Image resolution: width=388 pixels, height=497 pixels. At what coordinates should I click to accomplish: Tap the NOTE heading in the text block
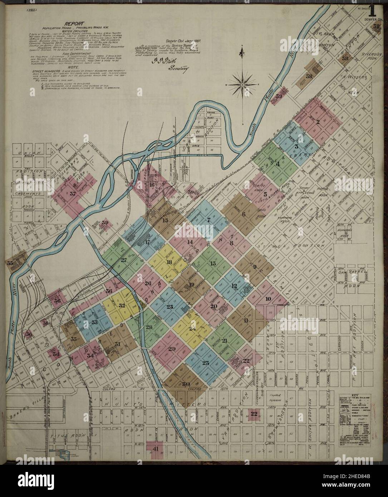point(77,66)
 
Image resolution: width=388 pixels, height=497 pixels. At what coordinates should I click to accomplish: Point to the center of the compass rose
point(242,85)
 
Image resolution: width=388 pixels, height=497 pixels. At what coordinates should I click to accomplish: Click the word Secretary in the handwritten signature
point(178,69)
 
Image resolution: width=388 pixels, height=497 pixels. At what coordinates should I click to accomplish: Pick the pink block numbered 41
point(156,449)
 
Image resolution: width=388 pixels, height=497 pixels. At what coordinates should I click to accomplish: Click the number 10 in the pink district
point(268,299)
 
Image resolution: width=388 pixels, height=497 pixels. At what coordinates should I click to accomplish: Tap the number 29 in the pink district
point(172,349)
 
